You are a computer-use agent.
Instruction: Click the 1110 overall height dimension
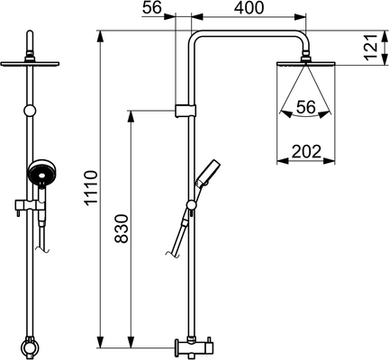(x=91, y=188)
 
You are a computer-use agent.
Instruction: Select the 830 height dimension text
(x=122, y=229)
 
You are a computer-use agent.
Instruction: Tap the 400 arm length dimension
(x=249, y=8)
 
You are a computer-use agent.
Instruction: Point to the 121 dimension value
(x=371, y=48)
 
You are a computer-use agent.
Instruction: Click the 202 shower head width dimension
(x=306, y=151)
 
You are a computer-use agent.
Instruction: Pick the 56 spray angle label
(x=306, y=107)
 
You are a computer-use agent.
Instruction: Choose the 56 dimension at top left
(x=152, y=8)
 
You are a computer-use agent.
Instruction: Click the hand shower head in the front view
(x=42, y=173)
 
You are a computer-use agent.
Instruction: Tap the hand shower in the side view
(x=206, y=175)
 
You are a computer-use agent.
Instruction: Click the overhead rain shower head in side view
(x=306, y=63)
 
